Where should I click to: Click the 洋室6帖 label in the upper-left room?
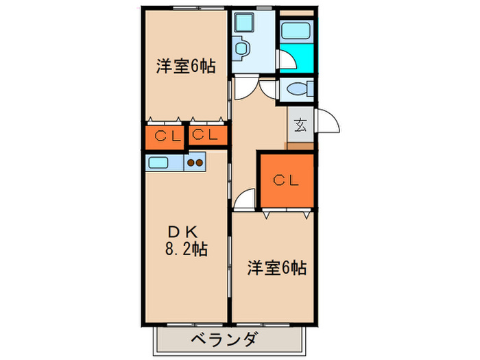click(x=186, y=67)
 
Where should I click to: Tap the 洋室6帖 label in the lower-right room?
click(x=276, y=268)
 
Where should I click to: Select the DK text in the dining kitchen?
click(x=182, y=230)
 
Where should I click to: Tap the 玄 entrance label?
click(x=300, y=125)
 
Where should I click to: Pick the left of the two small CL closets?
click(x=165, y=135)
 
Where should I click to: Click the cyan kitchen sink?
click(x=159, y=163)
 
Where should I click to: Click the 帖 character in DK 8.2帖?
click(x=200, y=248)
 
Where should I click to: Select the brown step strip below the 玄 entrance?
click(x=300, y=145)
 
